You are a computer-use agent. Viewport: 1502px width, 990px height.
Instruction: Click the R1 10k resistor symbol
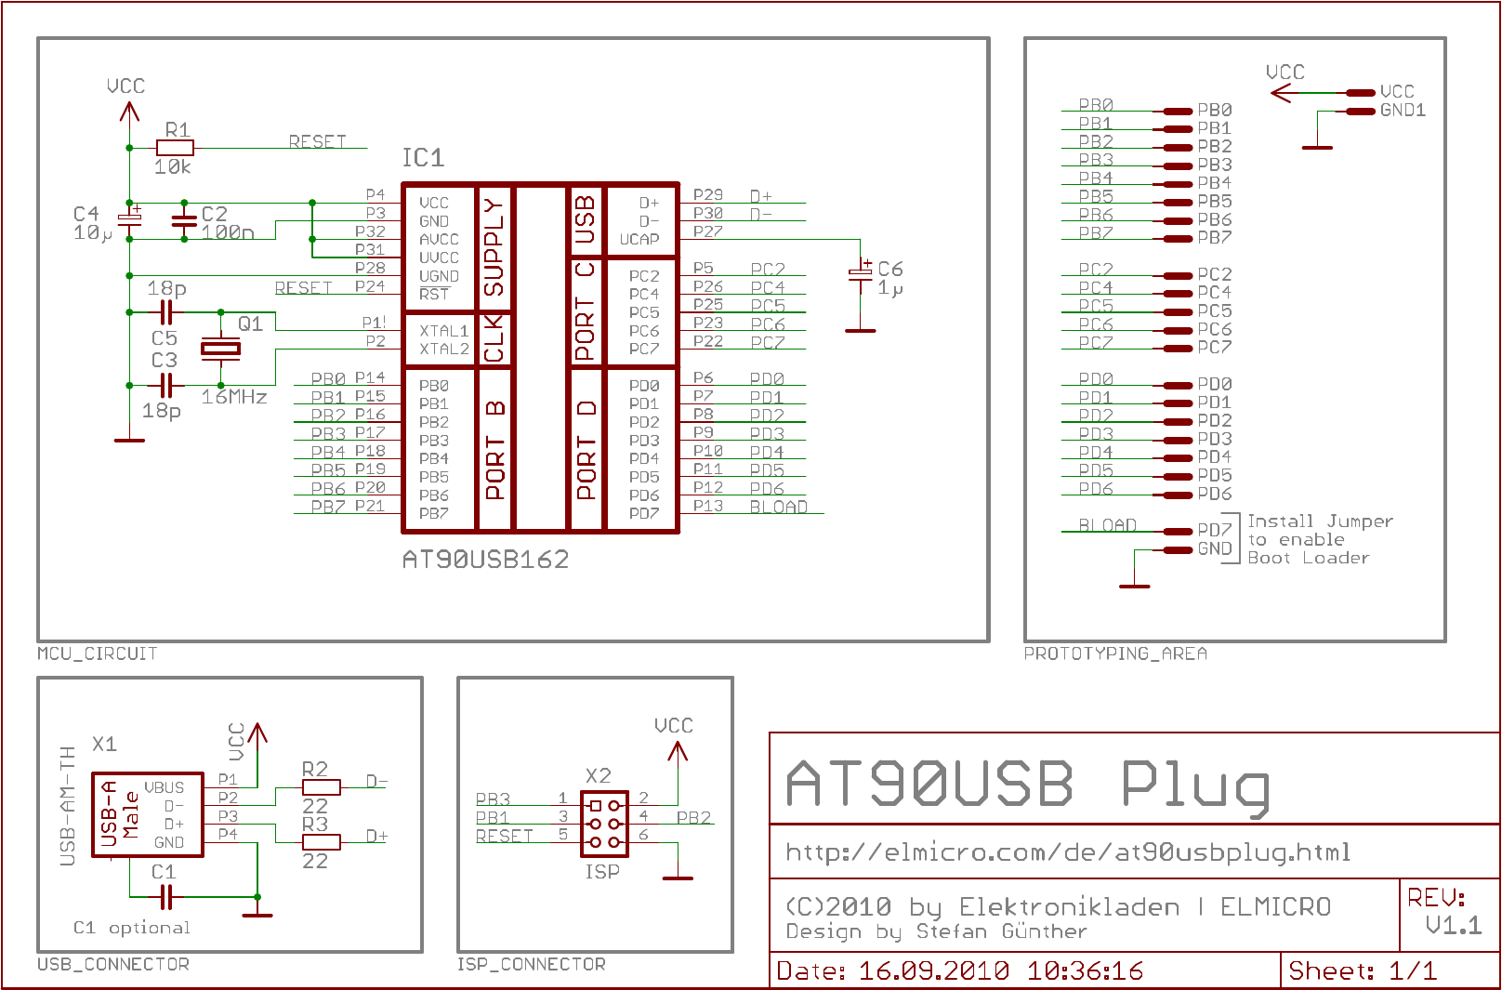(x=175, y=148)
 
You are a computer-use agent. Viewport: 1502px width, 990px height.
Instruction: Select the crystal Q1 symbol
(x=220, y=349)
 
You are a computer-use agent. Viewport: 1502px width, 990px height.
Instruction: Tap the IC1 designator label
(x=423, y=158)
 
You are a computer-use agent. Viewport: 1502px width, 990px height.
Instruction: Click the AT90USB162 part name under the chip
(x=485, y=560)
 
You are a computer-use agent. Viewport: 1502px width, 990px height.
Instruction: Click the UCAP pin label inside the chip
(x=639, y=240)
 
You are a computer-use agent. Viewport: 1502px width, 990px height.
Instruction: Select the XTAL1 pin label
(x=443, y=331)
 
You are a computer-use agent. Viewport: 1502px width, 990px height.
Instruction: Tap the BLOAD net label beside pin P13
(x=779, y=507)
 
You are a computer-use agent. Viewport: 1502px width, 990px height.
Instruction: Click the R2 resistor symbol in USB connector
(x=322, y=787)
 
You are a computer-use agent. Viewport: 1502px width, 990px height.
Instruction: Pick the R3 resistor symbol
(x=322, y=842)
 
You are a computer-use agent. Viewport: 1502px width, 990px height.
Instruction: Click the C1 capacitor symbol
(x=165, y=897)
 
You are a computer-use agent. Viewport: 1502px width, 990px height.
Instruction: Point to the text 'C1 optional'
(x=131, y=928)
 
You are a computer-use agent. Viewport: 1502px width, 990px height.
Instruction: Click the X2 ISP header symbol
(x=604, y=824)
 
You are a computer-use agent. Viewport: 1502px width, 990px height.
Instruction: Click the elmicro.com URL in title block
(x=1068, y=852)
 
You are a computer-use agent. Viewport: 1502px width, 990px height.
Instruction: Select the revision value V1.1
(x=1453, y=925)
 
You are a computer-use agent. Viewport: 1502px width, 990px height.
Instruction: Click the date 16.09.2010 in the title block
(x=933, y=971)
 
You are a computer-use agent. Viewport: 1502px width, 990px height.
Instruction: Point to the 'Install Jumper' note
(x=1320, y=521)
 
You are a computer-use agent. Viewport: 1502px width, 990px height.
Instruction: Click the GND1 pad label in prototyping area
(x=1403, y=111)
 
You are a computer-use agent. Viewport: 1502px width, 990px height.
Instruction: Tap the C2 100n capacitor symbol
(x=184, y=220)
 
